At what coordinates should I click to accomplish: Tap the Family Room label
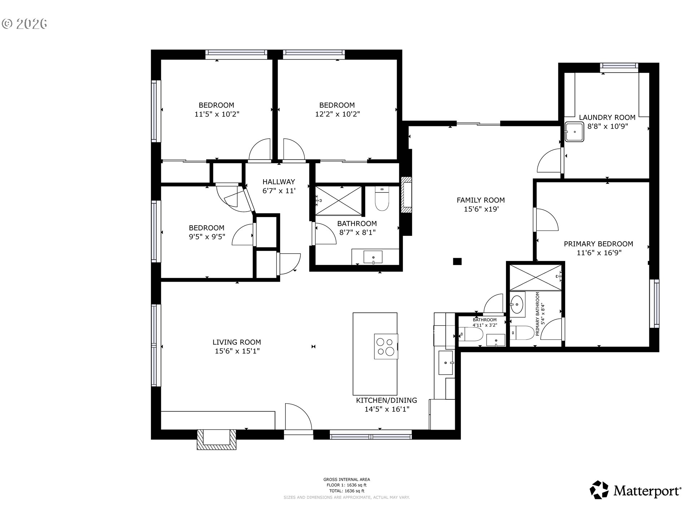pyautogui.click(x=480, y=200)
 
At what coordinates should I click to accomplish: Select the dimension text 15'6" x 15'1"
pyautogui.click(x=237, y=351)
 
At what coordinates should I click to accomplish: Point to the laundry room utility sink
pyautogui.click(x=574, y=132)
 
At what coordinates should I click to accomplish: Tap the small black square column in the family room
pyautogui.click(x=457, y=261)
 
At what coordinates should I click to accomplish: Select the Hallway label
pyautogui.click(x=279, y=182)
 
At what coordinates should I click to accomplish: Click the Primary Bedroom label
pyautogui.click(x=598, y=244)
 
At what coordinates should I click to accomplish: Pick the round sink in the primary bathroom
pyautogui.click(x=517, y=305)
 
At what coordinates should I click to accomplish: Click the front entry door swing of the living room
pyautogui.click(x=298, y=417)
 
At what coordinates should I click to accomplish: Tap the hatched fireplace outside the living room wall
pyautogui.click(x=216, y=439)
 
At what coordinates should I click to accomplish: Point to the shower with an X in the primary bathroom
pyautogui.click(x=536, y=277)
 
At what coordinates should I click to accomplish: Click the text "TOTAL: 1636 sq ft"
pyautogui.click(x=346, y=491)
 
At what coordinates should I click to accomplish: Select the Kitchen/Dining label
pyautogui.click(x=386, y=400)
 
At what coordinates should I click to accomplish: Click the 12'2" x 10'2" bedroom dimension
pyautogui.click(x=337, y=114)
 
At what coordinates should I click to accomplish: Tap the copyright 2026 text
pyautogui.click(x=25, y=24)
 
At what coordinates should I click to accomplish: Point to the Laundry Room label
pyautogui.click(x=607, y=117)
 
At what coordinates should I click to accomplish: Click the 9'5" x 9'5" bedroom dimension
pyautogui.click(x=207, y=237)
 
